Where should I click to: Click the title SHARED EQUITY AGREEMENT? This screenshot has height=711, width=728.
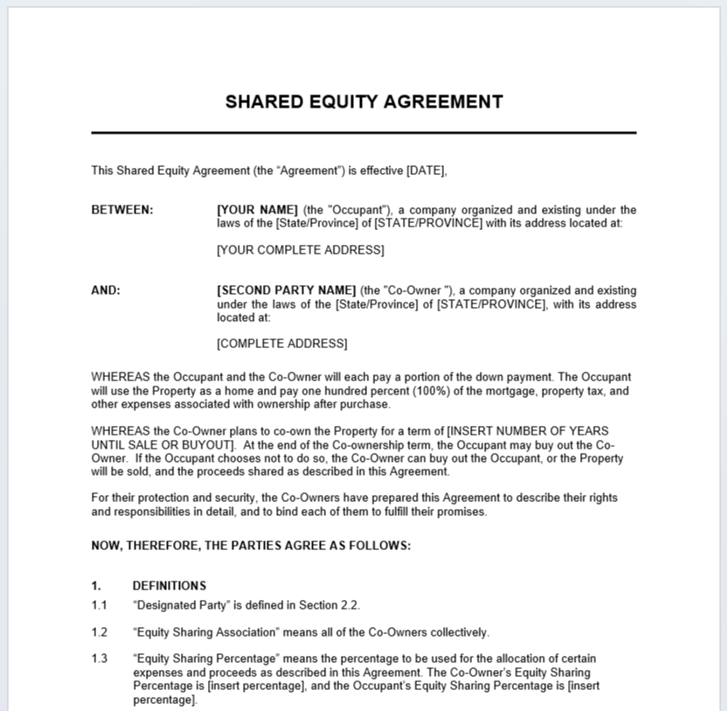364,101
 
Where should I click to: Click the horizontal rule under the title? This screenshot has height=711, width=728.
364,133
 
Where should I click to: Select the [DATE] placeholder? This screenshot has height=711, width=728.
426,171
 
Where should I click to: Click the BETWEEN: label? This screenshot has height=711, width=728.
122,210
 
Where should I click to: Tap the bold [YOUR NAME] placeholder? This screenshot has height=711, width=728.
258,210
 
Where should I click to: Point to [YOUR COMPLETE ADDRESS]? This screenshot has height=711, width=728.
300,250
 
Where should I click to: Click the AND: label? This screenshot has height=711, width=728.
106,290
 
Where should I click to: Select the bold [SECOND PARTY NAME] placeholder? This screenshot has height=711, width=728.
286,290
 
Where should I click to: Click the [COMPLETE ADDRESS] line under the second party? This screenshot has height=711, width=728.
281,344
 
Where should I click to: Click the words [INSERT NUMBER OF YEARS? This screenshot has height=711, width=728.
528,431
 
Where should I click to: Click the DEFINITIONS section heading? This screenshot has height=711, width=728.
170,586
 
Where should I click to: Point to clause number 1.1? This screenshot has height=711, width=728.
99,605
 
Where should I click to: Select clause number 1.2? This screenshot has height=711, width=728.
99,632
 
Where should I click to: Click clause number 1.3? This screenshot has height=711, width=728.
99,659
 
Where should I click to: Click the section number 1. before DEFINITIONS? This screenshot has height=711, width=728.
96,586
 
